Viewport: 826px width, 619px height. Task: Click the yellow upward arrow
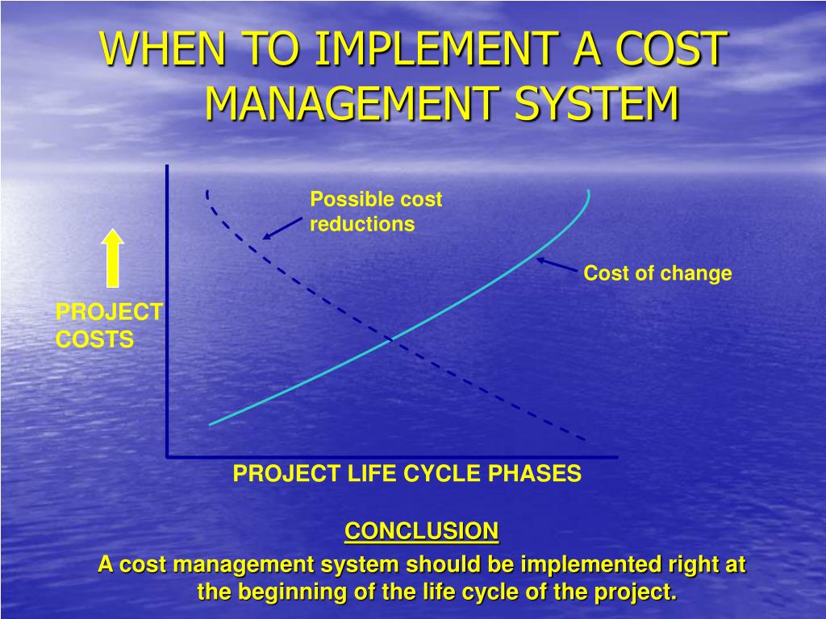113,258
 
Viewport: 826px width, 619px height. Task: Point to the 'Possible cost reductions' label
376,212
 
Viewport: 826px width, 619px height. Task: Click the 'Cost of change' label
657,273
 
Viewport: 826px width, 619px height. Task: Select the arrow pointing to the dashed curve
282,228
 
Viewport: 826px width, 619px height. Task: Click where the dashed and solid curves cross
393,339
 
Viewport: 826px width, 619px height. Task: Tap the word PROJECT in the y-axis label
109,312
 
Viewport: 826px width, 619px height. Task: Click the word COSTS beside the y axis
94,340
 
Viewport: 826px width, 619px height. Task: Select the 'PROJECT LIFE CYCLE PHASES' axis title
407,474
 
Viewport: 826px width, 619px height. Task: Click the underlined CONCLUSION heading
422,531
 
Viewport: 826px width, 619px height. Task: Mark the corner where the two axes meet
168,456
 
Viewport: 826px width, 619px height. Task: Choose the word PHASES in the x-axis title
543,474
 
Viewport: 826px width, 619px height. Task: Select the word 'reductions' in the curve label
362,224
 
